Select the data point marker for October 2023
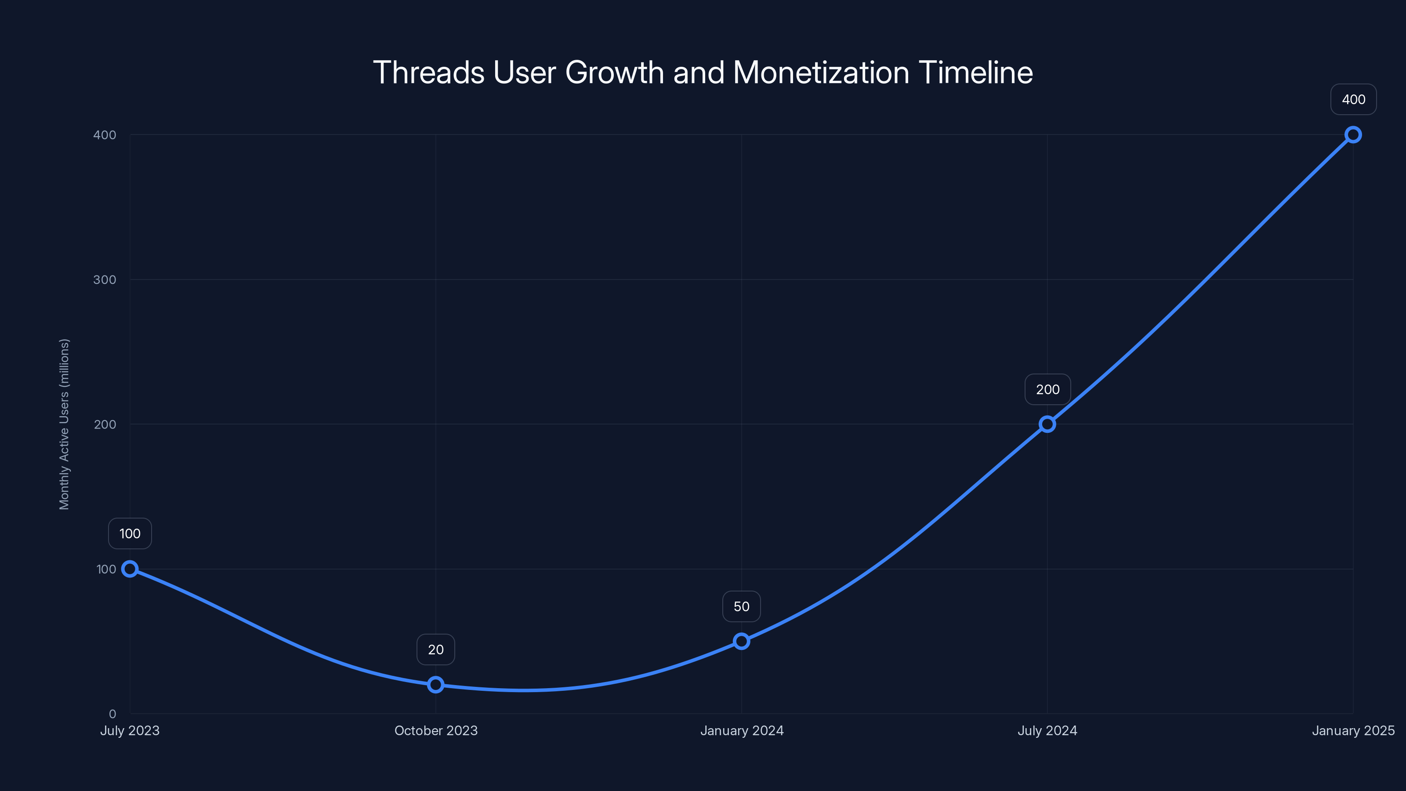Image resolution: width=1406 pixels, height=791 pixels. click(x=435, y=685)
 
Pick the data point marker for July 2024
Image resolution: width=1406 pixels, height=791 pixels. click(x=1047, y=424)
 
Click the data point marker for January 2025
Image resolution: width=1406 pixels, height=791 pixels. click(x=1353, y=134)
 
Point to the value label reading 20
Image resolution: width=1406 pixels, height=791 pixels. click(x=435, y=649)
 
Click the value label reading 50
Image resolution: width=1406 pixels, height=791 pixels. click(x=741, y=606)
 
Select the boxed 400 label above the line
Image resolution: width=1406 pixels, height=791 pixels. click(x=1353, y=99)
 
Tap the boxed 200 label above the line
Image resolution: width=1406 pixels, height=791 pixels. click(x=1047, y=389)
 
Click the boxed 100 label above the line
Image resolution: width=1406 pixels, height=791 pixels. click(x=130, y=533)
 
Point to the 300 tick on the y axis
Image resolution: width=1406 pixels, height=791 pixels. click(x=105, y=279)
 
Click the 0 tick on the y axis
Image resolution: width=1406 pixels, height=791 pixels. click(x=112, y=714)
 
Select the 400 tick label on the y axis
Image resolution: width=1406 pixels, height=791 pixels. click(x=105, y=135)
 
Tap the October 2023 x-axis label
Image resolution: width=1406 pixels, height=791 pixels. click(x=435, y=730)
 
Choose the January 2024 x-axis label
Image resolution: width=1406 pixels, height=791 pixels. click(x=741, y=730)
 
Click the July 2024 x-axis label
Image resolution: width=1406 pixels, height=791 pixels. click(x=1047, y=730)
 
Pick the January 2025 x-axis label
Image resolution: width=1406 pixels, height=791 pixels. click(x=1352, y=730)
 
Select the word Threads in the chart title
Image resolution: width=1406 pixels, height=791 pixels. click(x=428, y=72)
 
